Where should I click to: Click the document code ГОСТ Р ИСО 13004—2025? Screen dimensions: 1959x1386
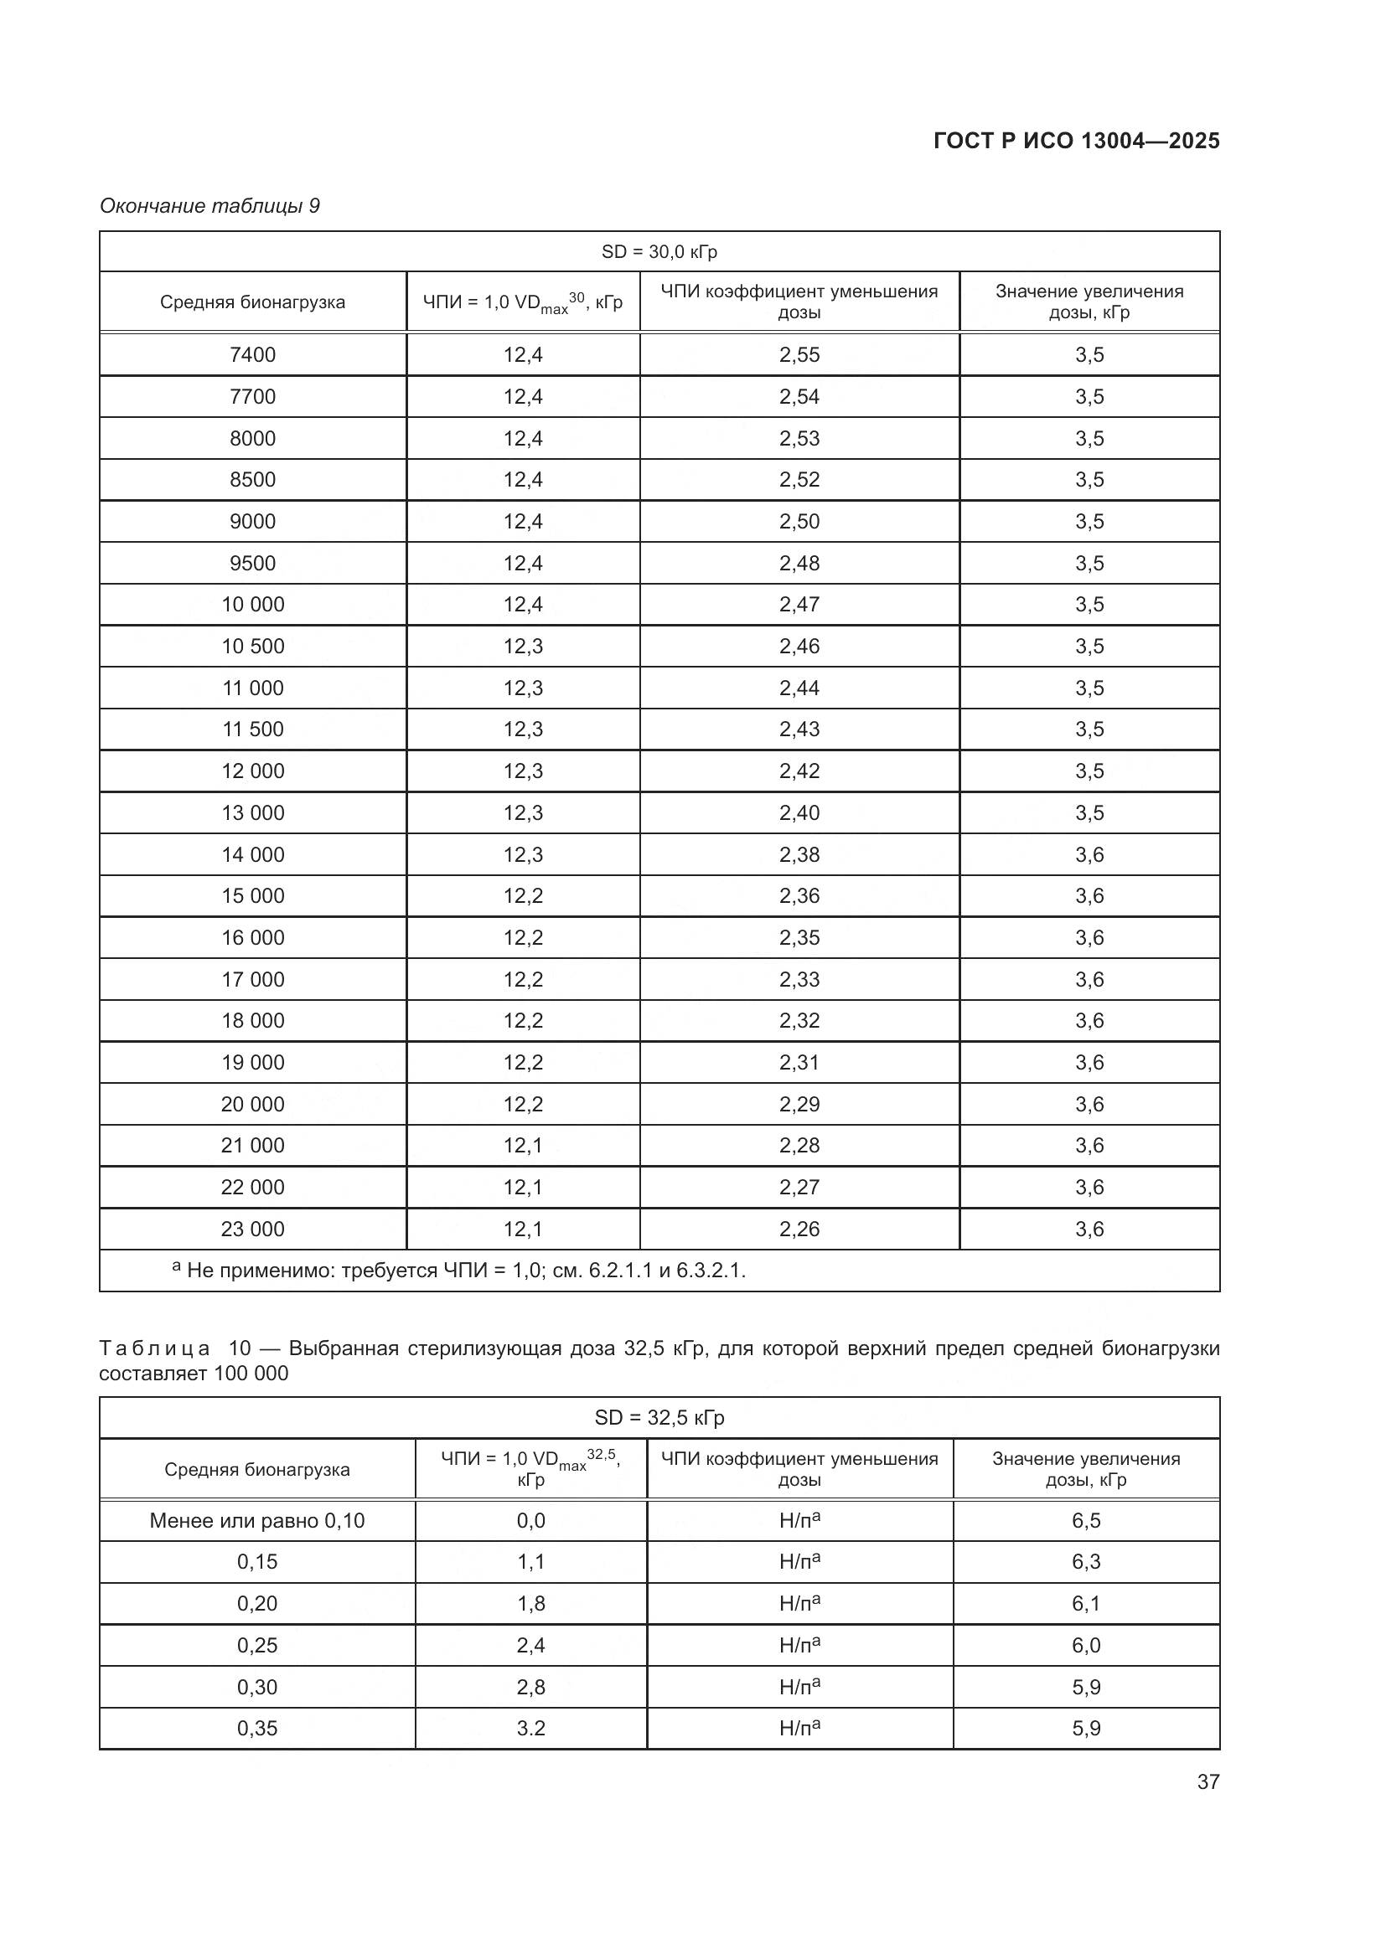click(x=1076, y=141)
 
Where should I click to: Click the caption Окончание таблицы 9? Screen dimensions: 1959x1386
click(x=209, y=206)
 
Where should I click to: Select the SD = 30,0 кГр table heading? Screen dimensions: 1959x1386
click(x=659, y=252)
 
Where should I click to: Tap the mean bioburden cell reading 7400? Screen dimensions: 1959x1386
click(x=252, y=354)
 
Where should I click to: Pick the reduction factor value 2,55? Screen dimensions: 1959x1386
click(x=799, y=354)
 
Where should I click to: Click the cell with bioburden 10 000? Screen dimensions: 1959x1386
click(x=252, y=604)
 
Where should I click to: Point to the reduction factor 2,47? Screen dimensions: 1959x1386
click(x=799, y=604)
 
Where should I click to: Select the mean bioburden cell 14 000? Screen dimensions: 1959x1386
click(x=252, y=854)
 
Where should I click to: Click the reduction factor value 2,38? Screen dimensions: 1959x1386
click(x=799, y=854)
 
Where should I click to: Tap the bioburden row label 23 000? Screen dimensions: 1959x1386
click(x=252, y=1229)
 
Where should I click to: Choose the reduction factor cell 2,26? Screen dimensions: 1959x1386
click(x=799, y=1229)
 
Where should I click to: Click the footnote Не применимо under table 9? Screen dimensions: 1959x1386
click(x=465, y=1271)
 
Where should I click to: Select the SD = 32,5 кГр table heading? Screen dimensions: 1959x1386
click(x=659, y=1417)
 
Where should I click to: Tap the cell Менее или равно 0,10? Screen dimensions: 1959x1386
click(x=257, y=1519)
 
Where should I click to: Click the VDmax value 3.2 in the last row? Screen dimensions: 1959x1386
click(x=530, y=1728)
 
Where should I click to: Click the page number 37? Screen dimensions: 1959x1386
click(x=1208, y=1781)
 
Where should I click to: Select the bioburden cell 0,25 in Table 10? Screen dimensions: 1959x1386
click(x=257, y=1645)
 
